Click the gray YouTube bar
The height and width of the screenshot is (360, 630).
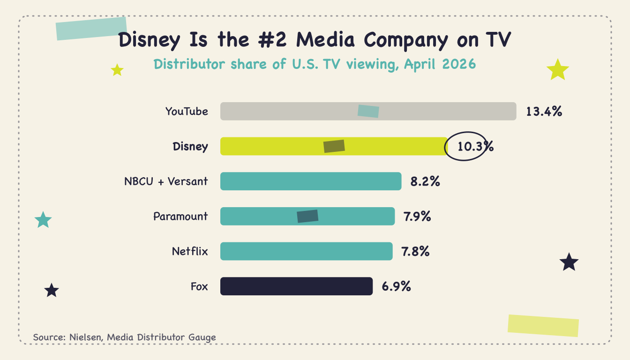point(368,112)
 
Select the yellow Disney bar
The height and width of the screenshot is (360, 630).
point(334,146)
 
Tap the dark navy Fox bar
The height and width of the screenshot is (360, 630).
point(296,286)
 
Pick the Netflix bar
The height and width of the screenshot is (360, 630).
point(306,251)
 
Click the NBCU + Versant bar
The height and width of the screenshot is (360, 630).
point(311,181)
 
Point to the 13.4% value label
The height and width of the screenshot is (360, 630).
point(544,112)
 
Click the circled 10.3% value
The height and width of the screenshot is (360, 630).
point(475,146)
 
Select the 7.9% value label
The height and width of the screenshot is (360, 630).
point(417,216)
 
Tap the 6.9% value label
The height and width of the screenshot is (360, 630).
point(396,286)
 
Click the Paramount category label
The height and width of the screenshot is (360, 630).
point(180,216)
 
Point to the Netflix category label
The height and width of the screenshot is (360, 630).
point(190,251)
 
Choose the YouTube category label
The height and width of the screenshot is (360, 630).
point(187,112)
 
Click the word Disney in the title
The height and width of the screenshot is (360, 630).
point(149,40)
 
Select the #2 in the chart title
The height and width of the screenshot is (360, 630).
point(272,39)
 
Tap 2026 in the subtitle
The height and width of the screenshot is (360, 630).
point(459,64)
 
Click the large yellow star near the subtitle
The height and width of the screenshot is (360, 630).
point(558,69)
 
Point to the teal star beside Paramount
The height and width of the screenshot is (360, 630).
point(43,220)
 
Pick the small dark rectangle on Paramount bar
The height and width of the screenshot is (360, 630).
point(307,216)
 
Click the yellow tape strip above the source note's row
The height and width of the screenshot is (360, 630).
point(543,326)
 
